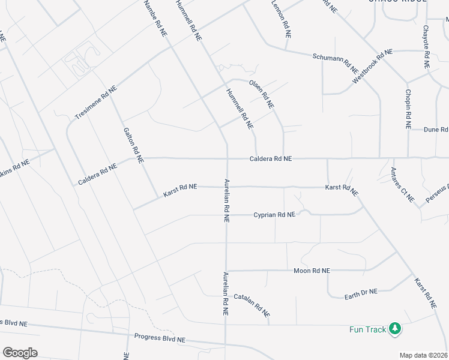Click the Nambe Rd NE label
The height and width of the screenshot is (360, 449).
(x=155, y=18)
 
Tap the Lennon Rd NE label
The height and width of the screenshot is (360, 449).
(x=281, y=19)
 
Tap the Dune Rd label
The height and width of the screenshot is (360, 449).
(x=436, y=129)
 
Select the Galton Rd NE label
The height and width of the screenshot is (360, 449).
(x=133, y=146)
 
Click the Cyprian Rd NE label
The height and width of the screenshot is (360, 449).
(x=274, y=214)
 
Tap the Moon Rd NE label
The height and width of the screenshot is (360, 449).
(x=312, y=271)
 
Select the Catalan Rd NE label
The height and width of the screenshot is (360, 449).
(x=252, y=305)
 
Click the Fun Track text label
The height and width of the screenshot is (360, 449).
(x=368, y=329)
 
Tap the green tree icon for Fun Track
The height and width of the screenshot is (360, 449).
(x=395, y=329)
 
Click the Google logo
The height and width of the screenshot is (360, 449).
(x=20, y=353)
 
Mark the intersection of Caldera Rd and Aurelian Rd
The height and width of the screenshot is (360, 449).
(x=226, y=159)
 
